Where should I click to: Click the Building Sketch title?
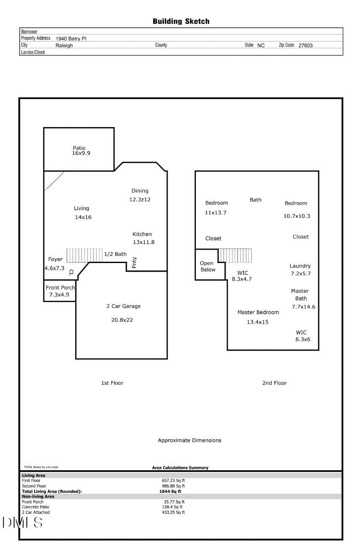coord(181,21)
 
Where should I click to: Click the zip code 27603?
coord(305,45)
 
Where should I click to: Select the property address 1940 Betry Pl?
coord(71,39)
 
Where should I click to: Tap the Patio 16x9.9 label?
coord(81,151)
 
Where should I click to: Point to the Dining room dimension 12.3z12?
coord(140,200)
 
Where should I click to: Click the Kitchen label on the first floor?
coord(142,234)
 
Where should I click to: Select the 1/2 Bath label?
coord(115,254)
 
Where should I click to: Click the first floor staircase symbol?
coord(84,255)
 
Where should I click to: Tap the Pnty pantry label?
coord(134,263)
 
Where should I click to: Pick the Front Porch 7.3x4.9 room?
coord(60,291)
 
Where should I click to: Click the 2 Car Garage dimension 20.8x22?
coord(122,320)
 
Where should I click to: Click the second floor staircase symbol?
coord(235,255)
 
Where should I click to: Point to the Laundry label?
coord(300,266)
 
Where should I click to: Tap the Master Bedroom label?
coord(258,312)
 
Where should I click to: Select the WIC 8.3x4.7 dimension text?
coord(242,279)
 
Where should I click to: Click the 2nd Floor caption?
coord(274,383)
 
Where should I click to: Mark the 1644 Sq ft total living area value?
coord(170,491)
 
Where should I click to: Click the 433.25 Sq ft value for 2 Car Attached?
coord(173,512)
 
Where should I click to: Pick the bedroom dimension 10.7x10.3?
coord(297,216)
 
